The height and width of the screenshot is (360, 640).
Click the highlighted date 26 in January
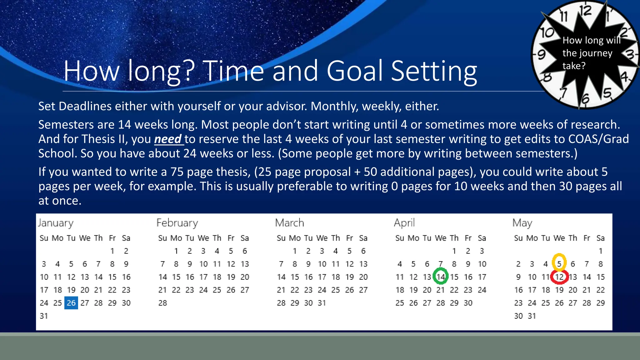point(71,303)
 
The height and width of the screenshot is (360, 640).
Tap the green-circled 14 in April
point(441,277)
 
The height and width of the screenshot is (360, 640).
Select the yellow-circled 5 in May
point(559,264)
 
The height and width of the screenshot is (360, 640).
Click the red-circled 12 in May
point(559,277)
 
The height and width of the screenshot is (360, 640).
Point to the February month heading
point(177,223)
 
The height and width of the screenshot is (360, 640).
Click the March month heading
point(289,223)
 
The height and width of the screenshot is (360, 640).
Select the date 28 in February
point(162,303)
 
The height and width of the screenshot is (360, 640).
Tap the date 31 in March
point(322,303)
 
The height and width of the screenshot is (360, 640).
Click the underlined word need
point(168,139)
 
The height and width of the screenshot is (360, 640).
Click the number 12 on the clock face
point(585,11)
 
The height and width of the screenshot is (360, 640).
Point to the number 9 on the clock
point(541,55)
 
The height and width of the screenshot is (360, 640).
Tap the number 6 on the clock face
point(585,99)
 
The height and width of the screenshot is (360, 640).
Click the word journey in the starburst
point(597,53)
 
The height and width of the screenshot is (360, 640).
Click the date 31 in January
point(44,316)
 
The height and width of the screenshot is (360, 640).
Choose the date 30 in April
point(468,303)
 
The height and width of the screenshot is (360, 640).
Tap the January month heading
point(56,223)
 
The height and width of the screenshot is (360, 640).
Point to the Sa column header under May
point(600,238)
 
